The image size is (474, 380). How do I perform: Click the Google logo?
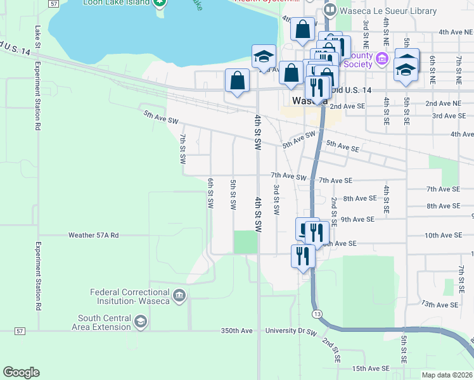tap(21, 372)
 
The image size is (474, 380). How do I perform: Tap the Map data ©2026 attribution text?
tap(446, 375)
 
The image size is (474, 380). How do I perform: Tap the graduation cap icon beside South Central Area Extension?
tap(141, 322)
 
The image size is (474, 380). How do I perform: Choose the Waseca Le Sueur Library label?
tap(388, 11)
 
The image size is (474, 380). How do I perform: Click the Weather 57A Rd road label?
tap(94, 235)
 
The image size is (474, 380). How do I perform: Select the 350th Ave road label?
tap(236, 331)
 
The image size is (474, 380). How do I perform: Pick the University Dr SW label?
tap(290, 331)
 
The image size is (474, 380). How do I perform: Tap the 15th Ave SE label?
tap(370, 368)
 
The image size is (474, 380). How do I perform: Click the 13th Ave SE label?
tap(442, 305)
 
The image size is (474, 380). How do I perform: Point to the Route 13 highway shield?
tap(316, 315)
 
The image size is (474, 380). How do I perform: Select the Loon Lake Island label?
tap(116, 3)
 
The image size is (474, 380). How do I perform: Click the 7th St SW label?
tap(183, 148)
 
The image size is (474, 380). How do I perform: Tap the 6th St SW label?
tap(210, 193)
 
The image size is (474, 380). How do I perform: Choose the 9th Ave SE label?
tap(357, 219)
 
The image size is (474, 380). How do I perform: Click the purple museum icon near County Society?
tap(382, 60)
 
